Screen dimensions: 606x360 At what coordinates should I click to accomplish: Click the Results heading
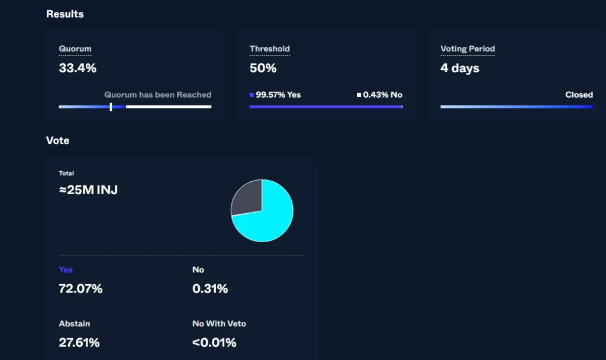[x=65, y=14]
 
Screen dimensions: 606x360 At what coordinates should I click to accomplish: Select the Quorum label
[x=75, y=49]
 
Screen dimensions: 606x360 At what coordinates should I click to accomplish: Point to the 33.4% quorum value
[x=78, y=68]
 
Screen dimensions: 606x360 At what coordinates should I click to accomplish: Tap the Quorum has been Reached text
[x=157, y=95]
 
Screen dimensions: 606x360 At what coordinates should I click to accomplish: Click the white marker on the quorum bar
[x=111, y=107]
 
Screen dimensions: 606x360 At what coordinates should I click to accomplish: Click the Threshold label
[x=270, y=49]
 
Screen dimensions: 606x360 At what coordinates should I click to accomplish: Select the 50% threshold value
[x=263, y=68]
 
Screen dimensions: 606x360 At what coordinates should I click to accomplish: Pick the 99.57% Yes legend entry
[x=275, y=95]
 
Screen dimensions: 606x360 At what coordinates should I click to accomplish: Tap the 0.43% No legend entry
[x=379, y=95]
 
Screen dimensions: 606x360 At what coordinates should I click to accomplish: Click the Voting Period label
[x=468, y=49]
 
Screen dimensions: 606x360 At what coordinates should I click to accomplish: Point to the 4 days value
[x=460, y=68]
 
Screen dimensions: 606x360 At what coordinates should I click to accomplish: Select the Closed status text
[x=579, y=95]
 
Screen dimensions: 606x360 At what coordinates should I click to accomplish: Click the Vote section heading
[x=57, y=140]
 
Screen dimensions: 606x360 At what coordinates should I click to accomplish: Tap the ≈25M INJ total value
[x=88, y=190]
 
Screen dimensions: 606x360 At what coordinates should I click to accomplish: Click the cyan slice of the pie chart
[x=270, y=220]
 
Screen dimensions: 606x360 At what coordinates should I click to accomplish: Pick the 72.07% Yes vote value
[x=80, y=289]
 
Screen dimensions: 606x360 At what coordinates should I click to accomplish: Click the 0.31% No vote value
[x=210, y=289]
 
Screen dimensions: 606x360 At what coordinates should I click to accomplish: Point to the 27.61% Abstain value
[x=79, y=343]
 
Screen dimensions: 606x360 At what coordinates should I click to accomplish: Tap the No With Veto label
[x=219, y=324]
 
